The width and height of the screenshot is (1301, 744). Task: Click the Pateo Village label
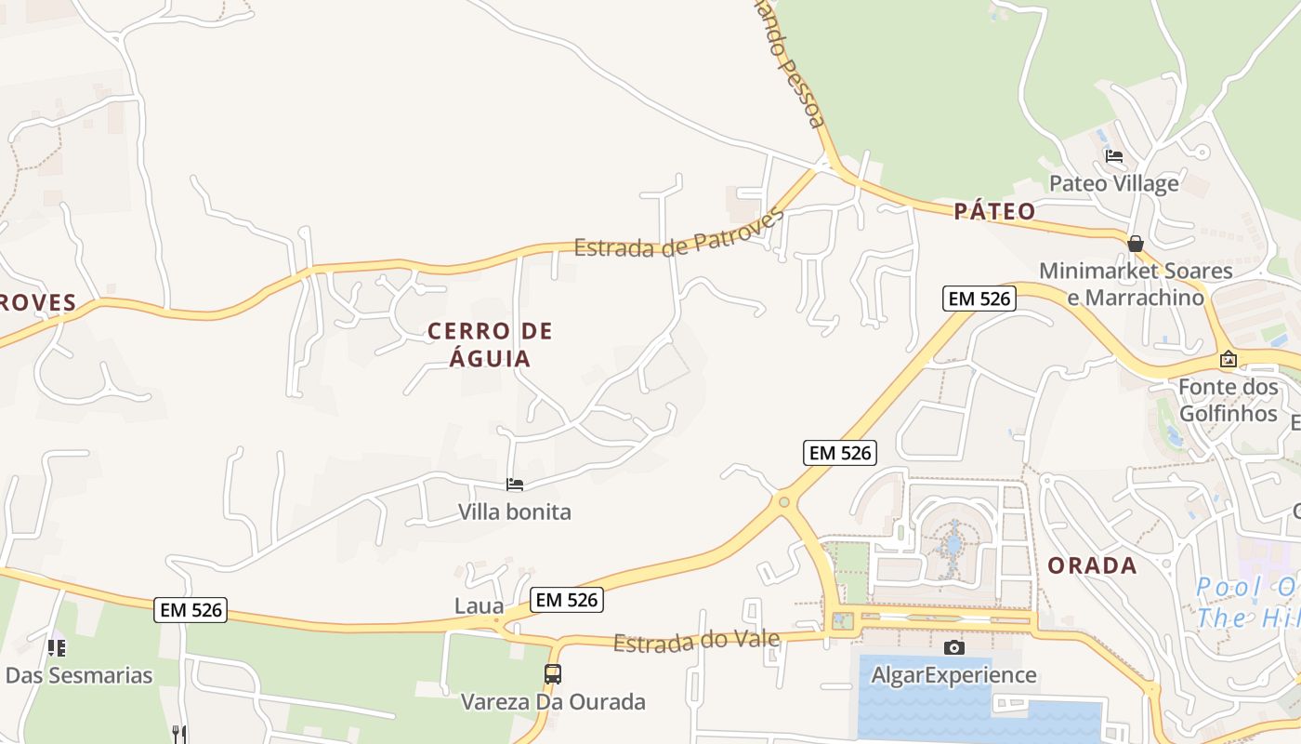click(1113, 183)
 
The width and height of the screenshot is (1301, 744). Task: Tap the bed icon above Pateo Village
click(1113, 156)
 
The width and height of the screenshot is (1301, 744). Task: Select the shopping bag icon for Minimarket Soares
click(1135, 244)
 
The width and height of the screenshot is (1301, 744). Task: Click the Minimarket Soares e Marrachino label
click(1136, 284)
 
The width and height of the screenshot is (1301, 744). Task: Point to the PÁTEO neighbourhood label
click(994, 211)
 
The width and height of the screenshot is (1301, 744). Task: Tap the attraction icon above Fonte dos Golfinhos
click(1228, 359)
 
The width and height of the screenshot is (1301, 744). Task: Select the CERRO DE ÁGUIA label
click(490, 344)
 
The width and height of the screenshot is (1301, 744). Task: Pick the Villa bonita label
click(514, 511)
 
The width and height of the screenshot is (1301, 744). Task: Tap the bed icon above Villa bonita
click(514, 485)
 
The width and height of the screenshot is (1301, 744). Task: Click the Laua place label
click(479, 606)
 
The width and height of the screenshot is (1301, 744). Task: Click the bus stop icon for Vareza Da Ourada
click(552, 674)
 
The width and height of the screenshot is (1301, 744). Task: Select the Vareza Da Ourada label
click(553, 701)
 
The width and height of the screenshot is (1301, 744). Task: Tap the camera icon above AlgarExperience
click(953, 647)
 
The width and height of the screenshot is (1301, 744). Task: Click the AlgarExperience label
click(953, 674)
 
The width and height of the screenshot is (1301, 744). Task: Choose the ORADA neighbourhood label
click(1092, 565)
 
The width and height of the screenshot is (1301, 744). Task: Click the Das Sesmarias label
click(79, 674)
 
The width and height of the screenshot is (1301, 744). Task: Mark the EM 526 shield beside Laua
click(567, 600)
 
